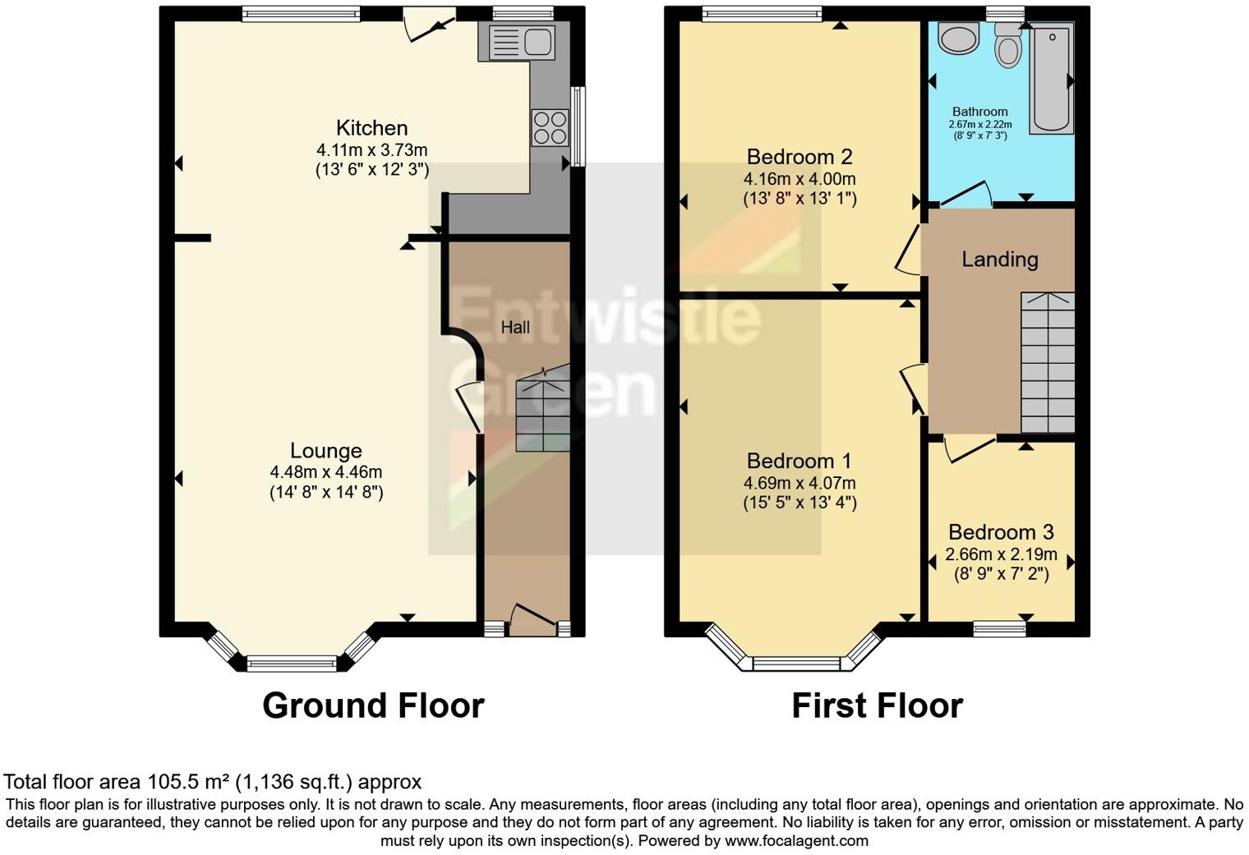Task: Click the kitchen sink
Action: [x=522, y=42]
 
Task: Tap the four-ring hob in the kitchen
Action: [x=550, y=127]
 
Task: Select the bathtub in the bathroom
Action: [x=1052, y=78]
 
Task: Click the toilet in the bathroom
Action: [x=1008, y=44]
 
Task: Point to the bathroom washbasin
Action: [x=958, y=37]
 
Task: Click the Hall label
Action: [x=514, y=327]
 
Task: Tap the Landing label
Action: [x=1000, y=260]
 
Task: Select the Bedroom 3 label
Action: [x=1001, y=531]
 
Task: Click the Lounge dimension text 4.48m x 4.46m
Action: [x=326, y=472]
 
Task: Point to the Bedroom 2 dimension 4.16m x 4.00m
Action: [x=800, y=179]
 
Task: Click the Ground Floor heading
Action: [x=373, y=706]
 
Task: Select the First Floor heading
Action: [x=877, y=706]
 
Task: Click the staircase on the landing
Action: [x=1048, y=362]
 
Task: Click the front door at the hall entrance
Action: [x=533, y=619]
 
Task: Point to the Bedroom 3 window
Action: [x=1000, y=628]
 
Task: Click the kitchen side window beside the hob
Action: [x=579, y=126]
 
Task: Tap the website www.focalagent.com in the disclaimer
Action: [x=796, y=840]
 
